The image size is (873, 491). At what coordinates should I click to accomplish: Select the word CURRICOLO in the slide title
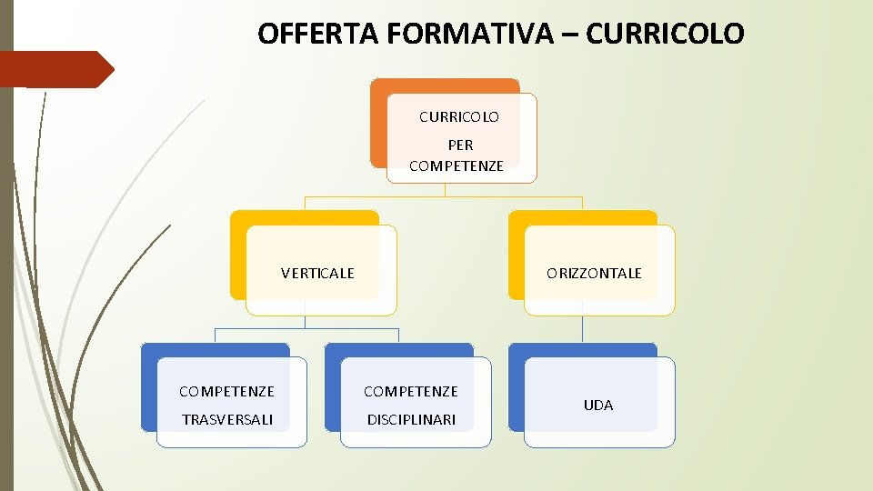pyautogui.click(x=666, y=34)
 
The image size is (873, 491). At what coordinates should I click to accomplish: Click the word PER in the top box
pyautogui.click(x=460, y=145)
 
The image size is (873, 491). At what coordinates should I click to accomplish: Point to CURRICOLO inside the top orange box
pyautogui.click(x=459, y=117)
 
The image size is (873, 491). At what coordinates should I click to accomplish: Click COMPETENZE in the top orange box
pyautogui.click(x=457, y=165)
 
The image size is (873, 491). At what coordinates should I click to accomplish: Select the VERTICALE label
pyautogui.click(x=317, y=273)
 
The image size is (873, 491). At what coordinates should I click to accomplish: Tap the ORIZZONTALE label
pyautogui.click(x=594, y=273)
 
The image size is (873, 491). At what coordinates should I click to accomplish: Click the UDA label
pyautogui.click(x=598, y=405)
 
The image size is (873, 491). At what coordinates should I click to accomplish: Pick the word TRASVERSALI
pyautogui.click(x=226, y=419)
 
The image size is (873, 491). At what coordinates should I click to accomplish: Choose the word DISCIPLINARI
pyautogui.click(x=411, y=419)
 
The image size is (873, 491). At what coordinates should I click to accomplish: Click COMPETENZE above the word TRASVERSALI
pyautogui.click(x=226, y=392)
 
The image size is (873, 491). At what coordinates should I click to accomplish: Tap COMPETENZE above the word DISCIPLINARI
pyautogui.click(x=411, y=392)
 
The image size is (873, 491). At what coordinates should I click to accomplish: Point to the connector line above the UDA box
pyautogui.click(x=582, y=329)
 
